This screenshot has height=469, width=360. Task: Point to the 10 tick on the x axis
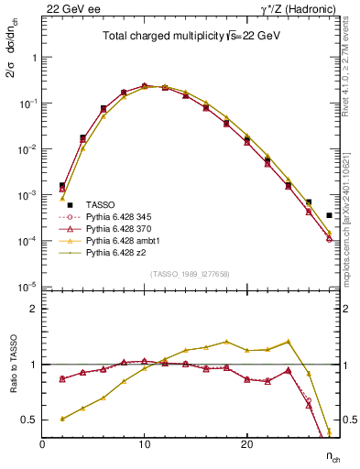[145, 445]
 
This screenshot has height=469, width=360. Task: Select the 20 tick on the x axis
[246, 445]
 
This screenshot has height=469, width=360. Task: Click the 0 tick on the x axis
[43, 445]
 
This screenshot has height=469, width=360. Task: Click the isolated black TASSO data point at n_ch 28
[329, 215]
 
